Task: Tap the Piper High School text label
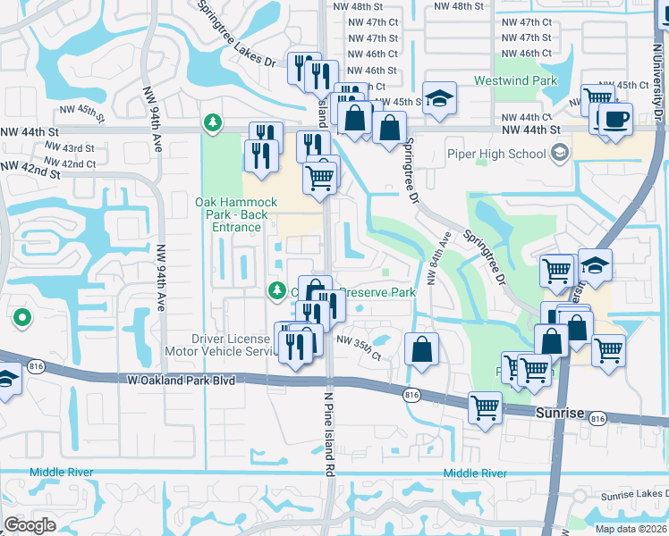point(495,154)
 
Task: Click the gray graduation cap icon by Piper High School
point(558,154)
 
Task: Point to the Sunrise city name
point(559,414)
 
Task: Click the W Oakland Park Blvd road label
point(182,381)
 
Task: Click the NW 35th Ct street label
point(359,348)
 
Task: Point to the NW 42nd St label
point(30,171)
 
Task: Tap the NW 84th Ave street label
point(438,258)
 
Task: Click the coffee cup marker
point(614,118)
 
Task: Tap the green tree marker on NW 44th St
point(212,122)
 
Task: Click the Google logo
point(30,525)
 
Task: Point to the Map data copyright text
point(631,529)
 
